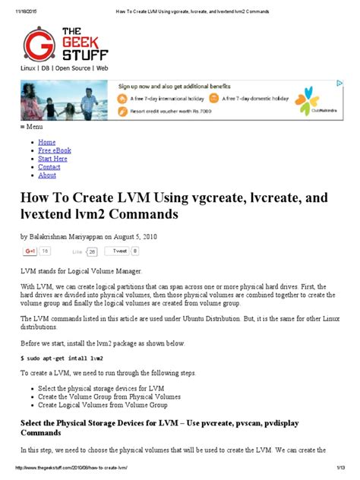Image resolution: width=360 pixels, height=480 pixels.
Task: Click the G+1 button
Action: click(x=31, y=250)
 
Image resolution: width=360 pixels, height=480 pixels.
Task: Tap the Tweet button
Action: click(x=120, y=250)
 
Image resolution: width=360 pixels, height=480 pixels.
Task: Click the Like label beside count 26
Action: click(x=77, y=251)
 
